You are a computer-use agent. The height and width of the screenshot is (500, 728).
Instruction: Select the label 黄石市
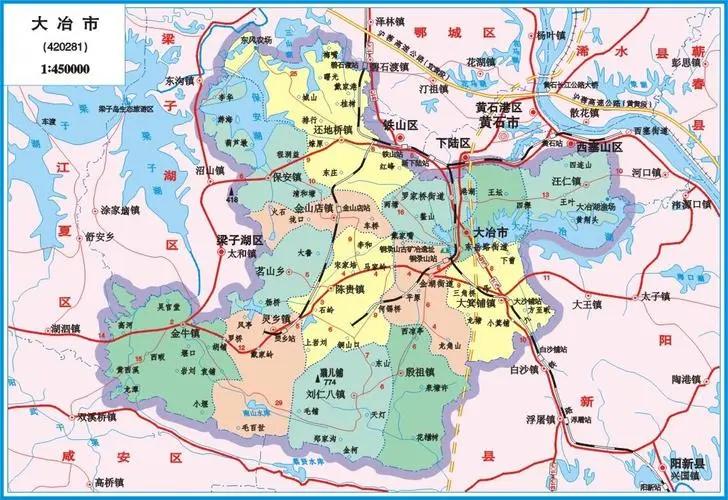point(497,123)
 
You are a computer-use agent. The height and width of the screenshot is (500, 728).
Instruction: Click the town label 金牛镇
point(185,331)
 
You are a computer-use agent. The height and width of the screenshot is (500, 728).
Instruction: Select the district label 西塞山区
point(599,147)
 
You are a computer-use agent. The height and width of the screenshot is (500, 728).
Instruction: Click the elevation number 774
point(325,382)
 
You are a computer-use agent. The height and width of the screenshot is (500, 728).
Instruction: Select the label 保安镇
point(287,176)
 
